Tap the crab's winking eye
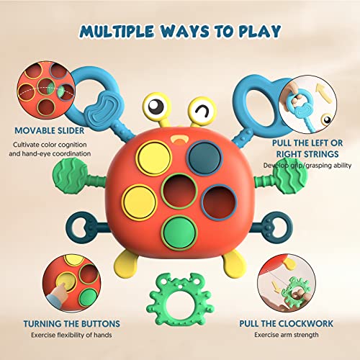204,111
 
